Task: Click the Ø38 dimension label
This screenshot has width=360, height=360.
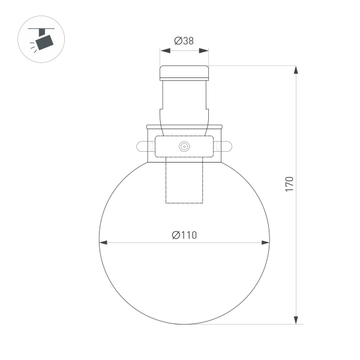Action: coord(184,40)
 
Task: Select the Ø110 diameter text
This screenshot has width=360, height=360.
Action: coord(184,235)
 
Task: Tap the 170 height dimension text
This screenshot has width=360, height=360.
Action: coord(289,184)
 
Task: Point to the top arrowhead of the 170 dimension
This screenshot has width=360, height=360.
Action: coord(296,70)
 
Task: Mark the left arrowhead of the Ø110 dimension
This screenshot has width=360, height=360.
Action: coord(103,243)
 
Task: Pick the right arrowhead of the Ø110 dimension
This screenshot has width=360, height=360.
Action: coord(266,243)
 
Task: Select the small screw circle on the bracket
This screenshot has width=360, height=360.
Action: coord(184,146)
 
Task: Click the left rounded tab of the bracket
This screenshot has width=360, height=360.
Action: coord(143,146)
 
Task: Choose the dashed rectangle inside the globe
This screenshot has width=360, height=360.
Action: coord(184,183)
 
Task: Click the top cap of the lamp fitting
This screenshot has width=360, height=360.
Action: coord(184,73)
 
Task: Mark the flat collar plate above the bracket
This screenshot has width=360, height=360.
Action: coord(184,127)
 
